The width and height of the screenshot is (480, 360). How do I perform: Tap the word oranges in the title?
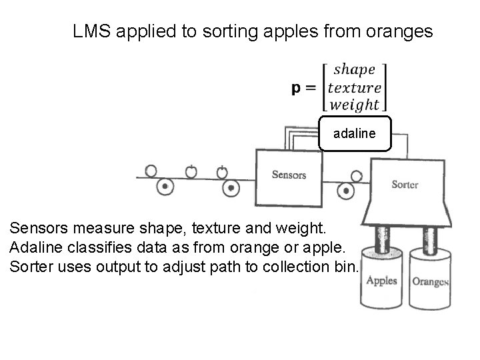[x=403, y=31]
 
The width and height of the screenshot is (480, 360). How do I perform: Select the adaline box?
[x=355, y=134]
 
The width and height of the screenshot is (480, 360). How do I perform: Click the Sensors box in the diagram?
[x=289, y=176]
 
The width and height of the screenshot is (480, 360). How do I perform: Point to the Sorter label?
[x=405, y=184]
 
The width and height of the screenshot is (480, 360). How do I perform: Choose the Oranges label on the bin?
[x=430, y=281]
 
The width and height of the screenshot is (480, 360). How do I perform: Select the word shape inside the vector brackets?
[x=354, y=70]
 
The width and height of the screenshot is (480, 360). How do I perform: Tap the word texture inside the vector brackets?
[x=355, y=87]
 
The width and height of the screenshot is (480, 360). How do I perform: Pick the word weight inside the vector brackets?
[x=355, y=105]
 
